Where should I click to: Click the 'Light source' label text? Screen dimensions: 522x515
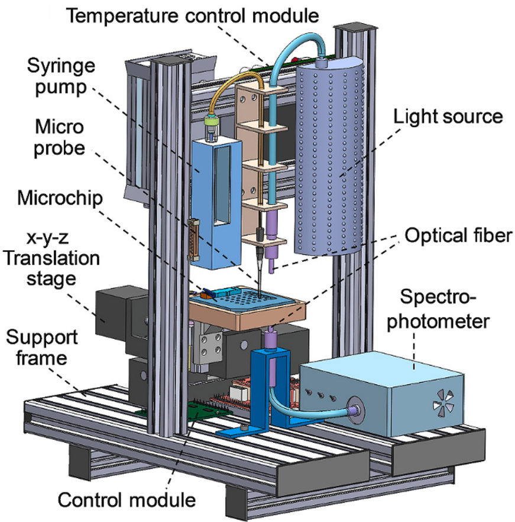[448, 116]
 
